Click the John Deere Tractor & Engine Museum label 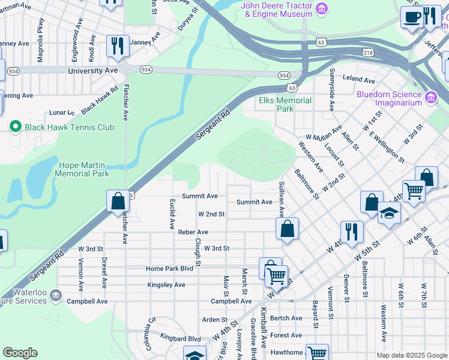277,10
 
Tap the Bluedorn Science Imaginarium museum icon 430,97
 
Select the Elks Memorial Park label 285,104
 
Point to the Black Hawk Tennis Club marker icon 16,127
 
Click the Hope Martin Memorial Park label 82,169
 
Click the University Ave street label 93,70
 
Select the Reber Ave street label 193,232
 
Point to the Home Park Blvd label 169,268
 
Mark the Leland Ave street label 358,78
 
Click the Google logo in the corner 20,353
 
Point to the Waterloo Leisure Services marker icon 56,295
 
